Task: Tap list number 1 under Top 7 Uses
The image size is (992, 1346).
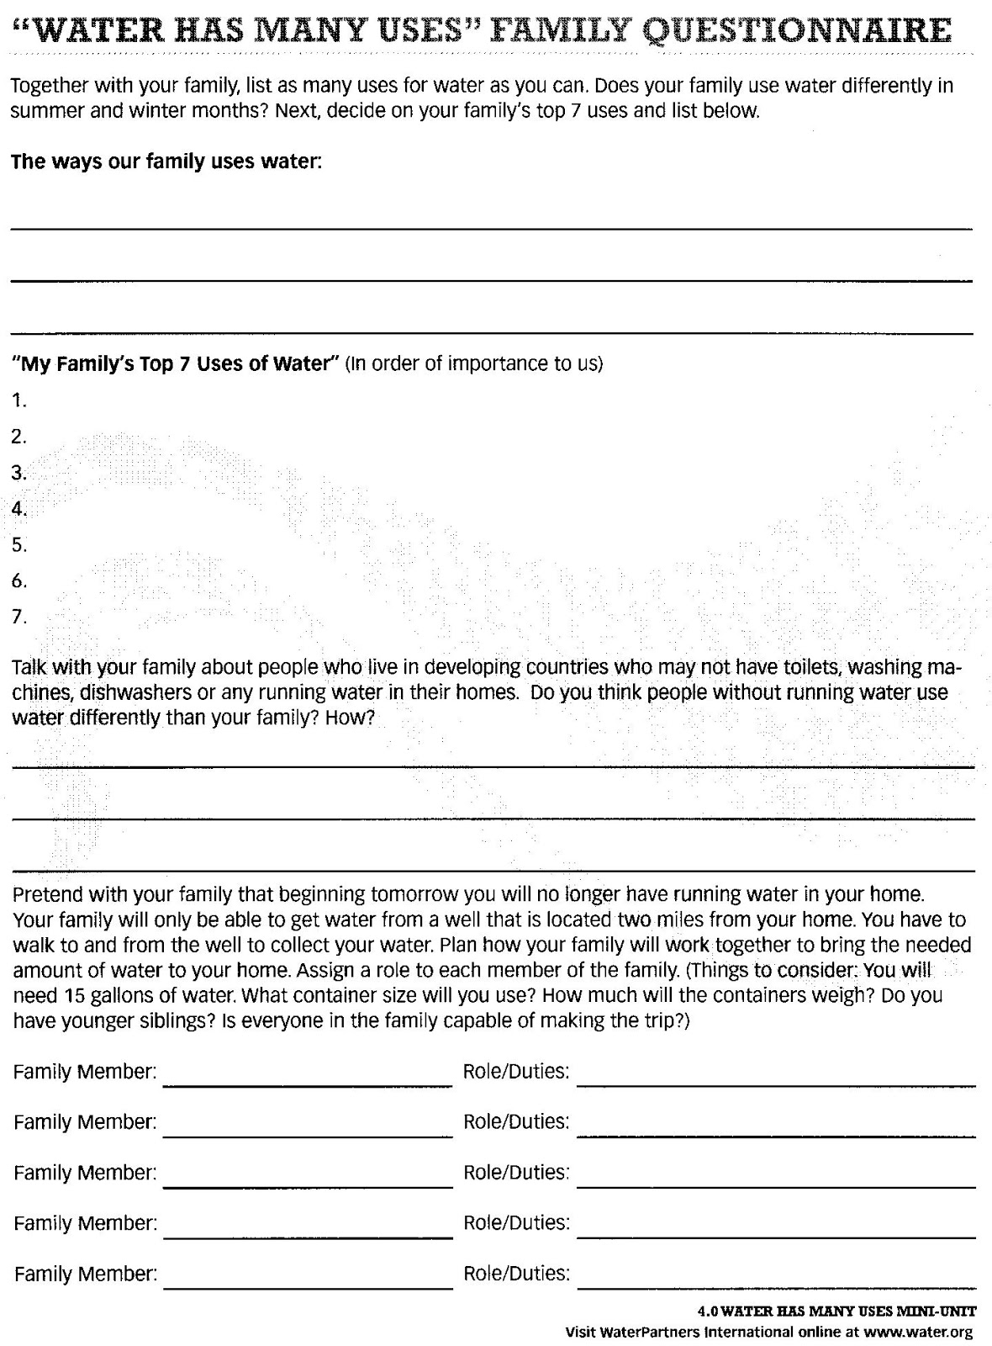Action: tap(18, 400)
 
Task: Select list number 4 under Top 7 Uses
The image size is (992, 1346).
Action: tap(18, 508)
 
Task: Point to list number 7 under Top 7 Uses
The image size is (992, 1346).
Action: tap(18, 617)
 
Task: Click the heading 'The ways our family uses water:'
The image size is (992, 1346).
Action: tap(166, 162)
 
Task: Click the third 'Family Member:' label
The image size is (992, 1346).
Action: tap(85, 1173)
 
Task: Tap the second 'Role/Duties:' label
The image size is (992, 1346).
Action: tap(516, 1122)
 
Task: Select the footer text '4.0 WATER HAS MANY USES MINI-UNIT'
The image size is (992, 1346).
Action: tap(836, 1311)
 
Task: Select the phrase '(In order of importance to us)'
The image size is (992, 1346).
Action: tap(474, 364)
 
